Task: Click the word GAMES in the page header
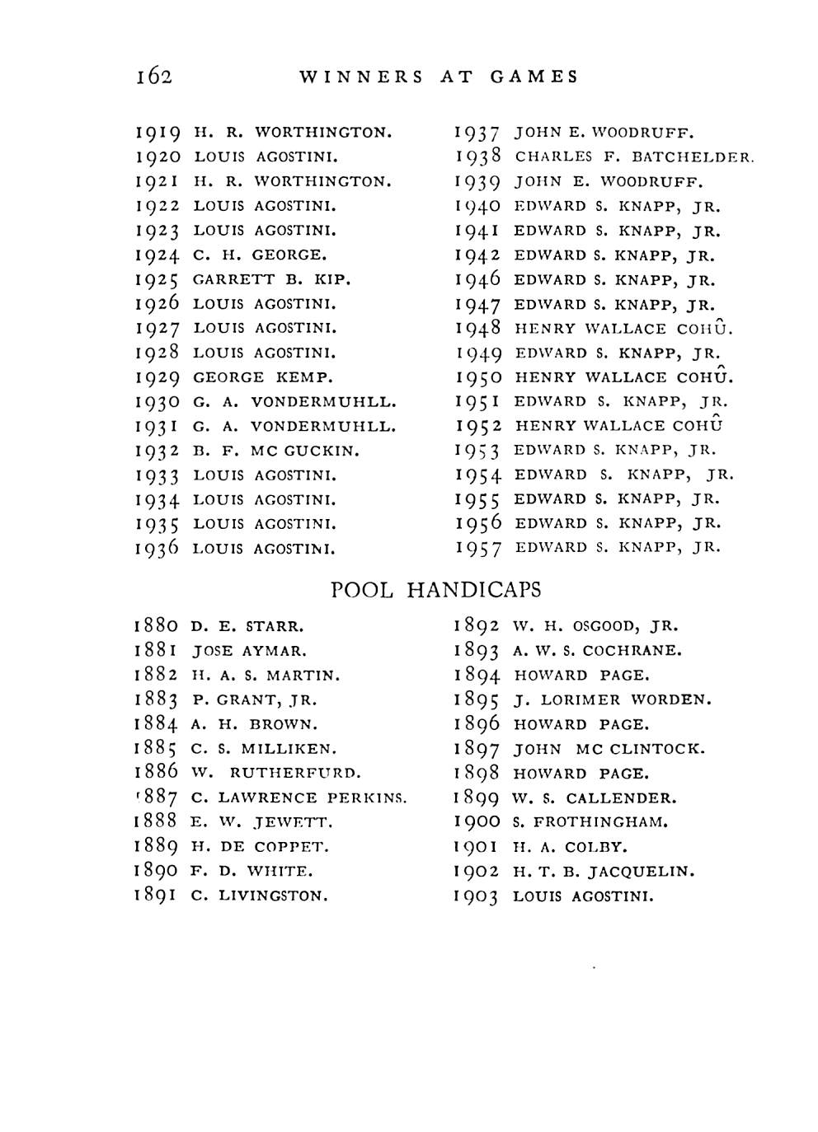coord(534,77)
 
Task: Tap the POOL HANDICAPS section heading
coord(435,590)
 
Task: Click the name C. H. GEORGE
coord(260,255)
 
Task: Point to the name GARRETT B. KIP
coord(272,279)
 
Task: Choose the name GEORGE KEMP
coord(263,377)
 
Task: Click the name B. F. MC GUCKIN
coord(276,451)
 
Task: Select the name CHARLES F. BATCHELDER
coord(634,157)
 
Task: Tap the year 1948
coord(478,329)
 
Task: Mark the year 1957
coord(478,549)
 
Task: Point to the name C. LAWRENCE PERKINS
coord(299,798)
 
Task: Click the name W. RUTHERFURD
coord(275,773)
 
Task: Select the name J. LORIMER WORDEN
coord(612,700)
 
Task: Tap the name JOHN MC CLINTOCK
coord(609,749)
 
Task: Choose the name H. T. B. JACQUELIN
coord(604,871)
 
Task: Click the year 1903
coord(477,897)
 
